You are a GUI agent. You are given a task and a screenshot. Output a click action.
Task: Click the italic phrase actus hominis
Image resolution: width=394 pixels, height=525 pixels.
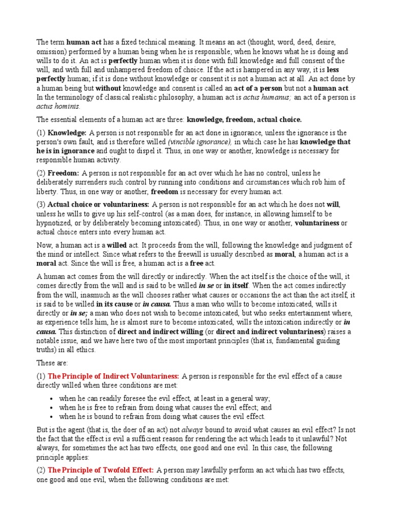point(58,107)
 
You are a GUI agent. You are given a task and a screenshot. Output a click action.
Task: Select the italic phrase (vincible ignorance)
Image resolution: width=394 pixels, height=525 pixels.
point(199,142)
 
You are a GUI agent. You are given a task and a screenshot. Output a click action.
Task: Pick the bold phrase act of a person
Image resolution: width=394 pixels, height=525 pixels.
point(239,88)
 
